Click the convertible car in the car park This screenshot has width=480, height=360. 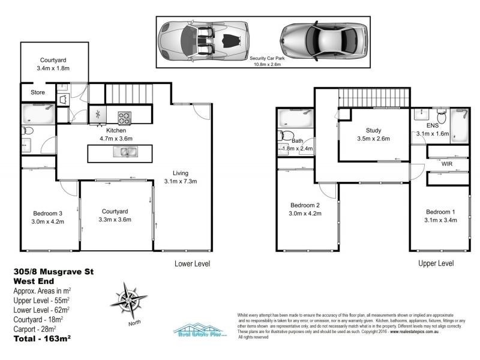[203, 41]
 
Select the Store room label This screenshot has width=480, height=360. [30, 93]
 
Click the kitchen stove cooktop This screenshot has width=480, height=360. [125, 116]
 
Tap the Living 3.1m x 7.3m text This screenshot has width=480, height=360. [181, 177]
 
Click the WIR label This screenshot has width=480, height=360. [446, 163]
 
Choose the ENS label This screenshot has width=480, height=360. [432, 125]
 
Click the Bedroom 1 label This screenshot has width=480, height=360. [441, 212]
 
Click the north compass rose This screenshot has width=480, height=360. [127, 299]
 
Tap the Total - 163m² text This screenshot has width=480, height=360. [42, 339]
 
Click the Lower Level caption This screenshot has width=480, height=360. [191, 263]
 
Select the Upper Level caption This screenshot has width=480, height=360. [436, 263]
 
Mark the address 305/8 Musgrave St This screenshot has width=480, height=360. [53, 271]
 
